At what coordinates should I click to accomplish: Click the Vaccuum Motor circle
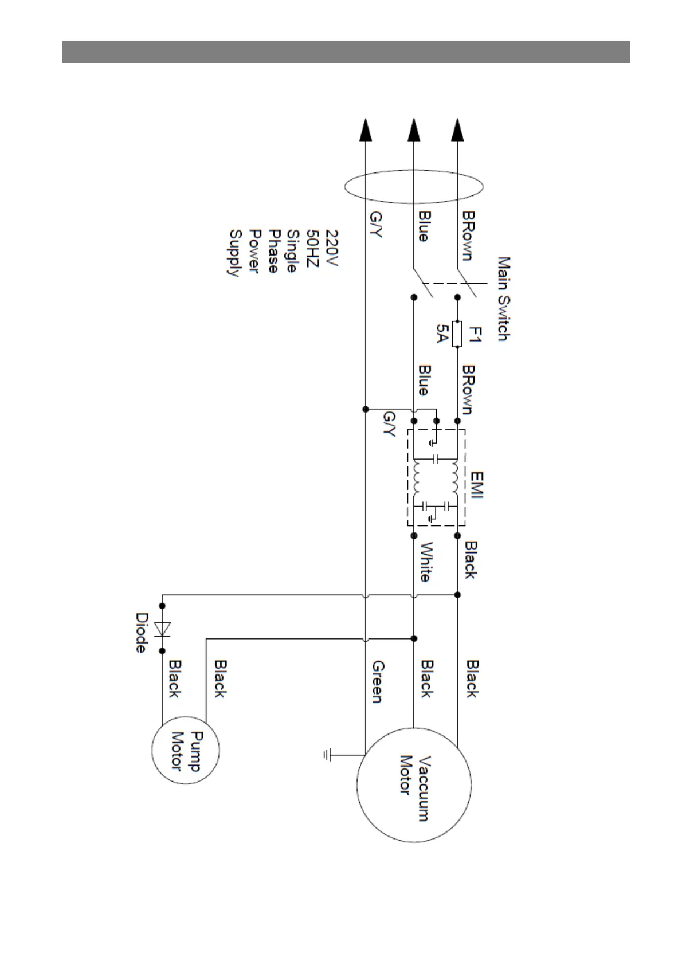pyautogui.click(x=413, y=785)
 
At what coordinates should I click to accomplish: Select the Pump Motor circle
pyautogui.click(x=185, y=750)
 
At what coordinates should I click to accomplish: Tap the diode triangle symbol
pyautogui.click(x=163, y=629)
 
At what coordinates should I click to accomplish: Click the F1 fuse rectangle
pyautogui.click(x=457, y=334)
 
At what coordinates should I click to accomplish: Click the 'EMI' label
pyautogui.click(x=476, y=485)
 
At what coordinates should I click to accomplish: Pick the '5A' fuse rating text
pyautogui.click(x=442, y=333)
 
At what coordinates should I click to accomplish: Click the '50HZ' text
pyautogui.click(x=312, y=251)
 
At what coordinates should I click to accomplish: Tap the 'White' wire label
pyautogui.click(x=426, y=562)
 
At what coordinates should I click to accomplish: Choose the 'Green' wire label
pyautogui.click(x=378, y=681)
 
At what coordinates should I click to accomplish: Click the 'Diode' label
pyautogui.click(x=142, y=633)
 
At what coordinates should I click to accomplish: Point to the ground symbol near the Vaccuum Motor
pyautogui.click(x=327, y=755)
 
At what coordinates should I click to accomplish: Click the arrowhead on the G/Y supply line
pyautogui.click(x=365, y=130)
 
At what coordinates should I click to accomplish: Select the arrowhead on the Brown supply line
pyautogui.click(x=457, y=130)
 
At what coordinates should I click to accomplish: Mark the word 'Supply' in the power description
pyautogui.click(x=234, y=253)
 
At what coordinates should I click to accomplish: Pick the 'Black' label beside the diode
pyautogui.click(x=175, y=678)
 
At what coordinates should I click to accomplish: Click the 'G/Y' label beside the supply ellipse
pyautogui.click(x=377, y=224)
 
